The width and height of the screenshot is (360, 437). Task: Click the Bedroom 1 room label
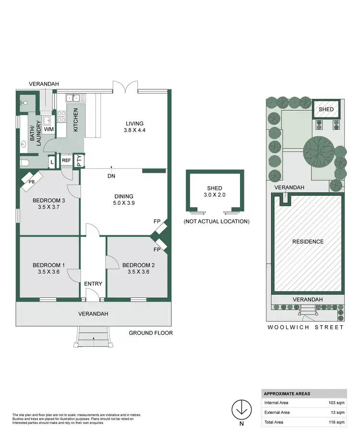(48, 265)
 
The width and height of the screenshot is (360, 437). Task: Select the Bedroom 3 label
(48, 201)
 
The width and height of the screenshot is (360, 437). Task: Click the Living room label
(134, 123)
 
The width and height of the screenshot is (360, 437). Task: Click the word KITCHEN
(75, 120)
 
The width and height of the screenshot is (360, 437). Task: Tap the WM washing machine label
(48, 130)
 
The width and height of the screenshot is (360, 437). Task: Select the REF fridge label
(66, 161)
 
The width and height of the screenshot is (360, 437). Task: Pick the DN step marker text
(111, 176)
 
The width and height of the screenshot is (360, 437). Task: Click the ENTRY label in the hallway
(93, 284)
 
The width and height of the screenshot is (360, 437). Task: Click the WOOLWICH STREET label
(306, 328)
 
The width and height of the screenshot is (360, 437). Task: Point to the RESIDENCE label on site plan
(308, 242)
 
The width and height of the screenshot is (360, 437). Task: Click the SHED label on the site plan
(326, 110)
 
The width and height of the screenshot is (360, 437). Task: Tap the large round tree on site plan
(318, 151)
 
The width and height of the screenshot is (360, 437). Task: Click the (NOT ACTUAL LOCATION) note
(216, 222)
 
